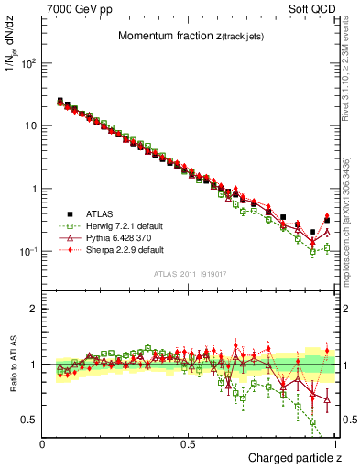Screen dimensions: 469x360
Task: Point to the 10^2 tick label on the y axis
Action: pos(28,63)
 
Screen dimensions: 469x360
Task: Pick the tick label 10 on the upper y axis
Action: pos(31,125)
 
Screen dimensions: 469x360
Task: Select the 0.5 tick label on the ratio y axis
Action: pos(31,420)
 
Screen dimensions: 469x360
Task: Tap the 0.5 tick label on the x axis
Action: pos(189,444)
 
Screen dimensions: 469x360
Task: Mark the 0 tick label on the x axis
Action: pos(43,444)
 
